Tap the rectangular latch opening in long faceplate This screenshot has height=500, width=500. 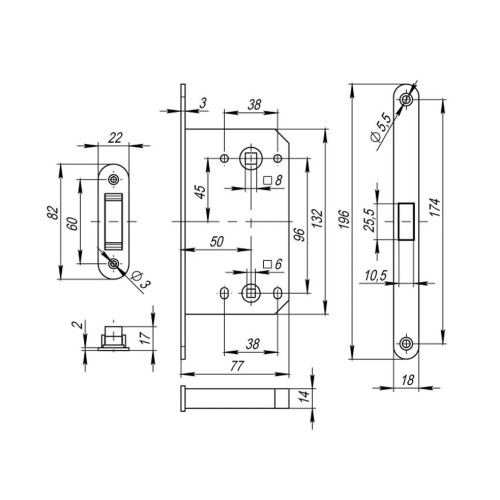point(406,221)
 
